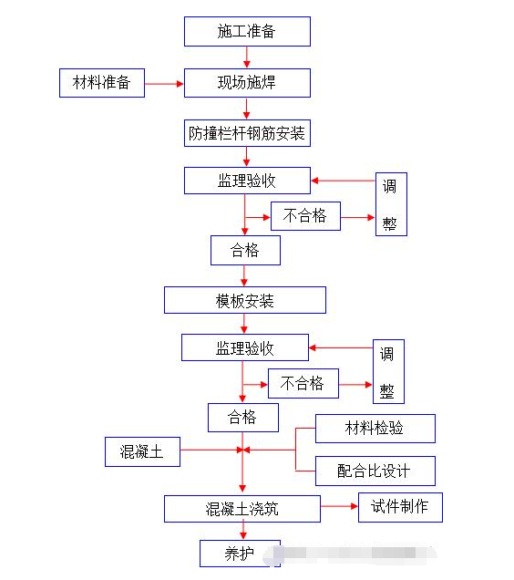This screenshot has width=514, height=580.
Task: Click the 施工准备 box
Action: point(247,31)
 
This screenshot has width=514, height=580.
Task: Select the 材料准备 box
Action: point(101,83)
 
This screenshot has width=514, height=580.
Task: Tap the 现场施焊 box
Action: point(247,83)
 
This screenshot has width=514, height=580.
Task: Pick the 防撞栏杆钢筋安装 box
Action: point(247,133)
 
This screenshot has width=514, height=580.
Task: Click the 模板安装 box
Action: point(244,300)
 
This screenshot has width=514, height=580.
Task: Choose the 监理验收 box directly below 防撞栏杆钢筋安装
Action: point(247,181)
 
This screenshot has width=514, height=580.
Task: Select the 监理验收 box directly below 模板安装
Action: point(244,347)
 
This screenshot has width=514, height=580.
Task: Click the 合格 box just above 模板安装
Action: point(245,250)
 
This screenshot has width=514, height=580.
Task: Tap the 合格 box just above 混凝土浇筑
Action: point(242,418)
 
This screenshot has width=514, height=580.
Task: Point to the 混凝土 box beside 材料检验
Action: point(142,451)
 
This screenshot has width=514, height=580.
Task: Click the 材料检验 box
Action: point(375,429)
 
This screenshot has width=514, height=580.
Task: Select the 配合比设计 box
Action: point(375,471)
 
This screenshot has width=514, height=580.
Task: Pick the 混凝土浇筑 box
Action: point(242,509)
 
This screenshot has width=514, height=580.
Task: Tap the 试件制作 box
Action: point(400,507)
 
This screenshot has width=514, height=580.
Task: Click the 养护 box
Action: point(240,553)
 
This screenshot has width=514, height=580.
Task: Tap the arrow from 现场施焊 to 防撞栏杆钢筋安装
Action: point(247,109)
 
